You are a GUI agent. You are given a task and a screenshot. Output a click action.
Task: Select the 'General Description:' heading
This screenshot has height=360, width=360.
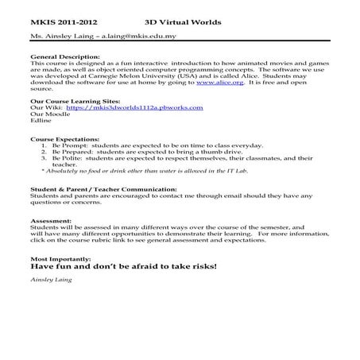[x=65, y=58]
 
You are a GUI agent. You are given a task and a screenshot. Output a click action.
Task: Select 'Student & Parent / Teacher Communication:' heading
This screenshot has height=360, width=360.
[x=103, y=189]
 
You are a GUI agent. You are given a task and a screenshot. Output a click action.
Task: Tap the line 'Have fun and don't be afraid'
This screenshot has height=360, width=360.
[x=123, y=269]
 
